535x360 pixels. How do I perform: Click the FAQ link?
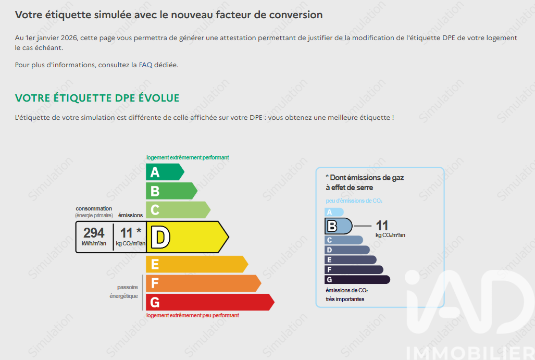pos(145,65)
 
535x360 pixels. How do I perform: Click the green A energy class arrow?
pos(165,172)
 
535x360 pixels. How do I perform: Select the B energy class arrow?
pos(171,191)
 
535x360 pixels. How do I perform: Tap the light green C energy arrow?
pos(178,210)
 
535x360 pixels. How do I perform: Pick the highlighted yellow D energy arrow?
pos(188,237)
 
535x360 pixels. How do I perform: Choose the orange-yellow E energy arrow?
pos(197,264)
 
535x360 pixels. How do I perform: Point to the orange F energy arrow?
pos(203,283)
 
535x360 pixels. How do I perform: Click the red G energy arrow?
pos(210,302)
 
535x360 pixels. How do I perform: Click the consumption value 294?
pos(94,233)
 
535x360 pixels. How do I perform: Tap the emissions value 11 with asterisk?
pos(131,233)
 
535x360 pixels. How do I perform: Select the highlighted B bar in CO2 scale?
pos(338,226)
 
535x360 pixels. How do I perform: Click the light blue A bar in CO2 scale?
pos(334,212)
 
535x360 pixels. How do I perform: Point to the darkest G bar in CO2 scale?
pos(357,280)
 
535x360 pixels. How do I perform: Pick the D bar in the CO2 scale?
pos(347,250)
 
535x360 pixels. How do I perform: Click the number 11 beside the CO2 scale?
pos(382,226)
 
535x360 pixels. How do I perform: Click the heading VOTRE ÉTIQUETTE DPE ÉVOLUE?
pos(97,98)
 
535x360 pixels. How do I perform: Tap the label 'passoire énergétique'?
pos(124,292)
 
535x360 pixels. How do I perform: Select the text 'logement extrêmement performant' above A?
pos(188,157)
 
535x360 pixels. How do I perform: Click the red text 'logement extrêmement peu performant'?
pos(193,315)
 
